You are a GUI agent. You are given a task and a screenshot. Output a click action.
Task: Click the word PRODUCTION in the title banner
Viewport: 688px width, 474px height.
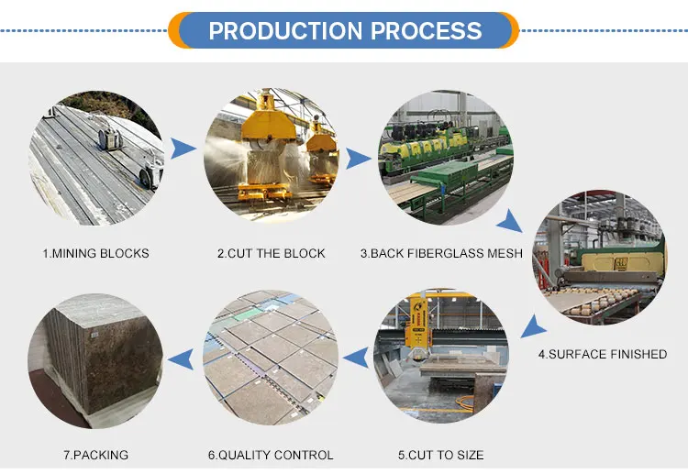[286, 30]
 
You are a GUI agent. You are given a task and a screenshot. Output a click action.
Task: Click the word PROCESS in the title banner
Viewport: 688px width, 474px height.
[427, 30]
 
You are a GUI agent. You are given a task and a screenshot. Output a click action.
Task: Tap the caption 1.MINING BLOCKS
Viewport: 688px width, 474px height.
[95, 253]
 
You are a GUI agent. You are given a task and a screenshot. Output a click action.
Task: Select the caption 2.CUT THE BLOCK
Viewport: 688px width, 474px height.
[271, 253]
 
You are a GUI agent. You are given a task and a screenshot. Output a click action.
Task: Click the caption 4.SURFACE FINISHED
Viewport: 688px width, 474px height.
[602, 354]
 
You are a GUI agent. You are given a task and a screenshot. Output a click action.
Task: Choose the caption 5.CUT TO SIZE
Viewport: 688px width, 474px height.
[440, 455]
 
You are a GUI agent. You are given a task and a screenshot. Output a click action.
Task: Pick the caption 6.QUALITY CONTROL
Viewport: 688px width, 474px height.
[271, 455]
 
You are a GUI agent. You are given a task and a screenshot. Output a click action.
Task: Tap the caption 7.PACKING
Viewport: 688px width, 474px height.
[94, 455]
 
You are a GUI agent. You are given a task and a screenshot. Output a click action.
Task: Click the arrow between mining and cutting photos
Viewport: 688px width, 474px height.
[186, 148]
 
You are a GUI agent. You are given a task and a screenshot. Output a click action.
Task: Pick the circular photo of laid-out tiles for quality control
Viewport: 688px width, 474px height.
[272, 357]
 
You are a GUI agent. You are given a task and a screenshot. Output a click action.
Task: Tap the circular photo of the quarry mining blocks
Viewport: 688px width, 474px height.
[94, 158]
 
